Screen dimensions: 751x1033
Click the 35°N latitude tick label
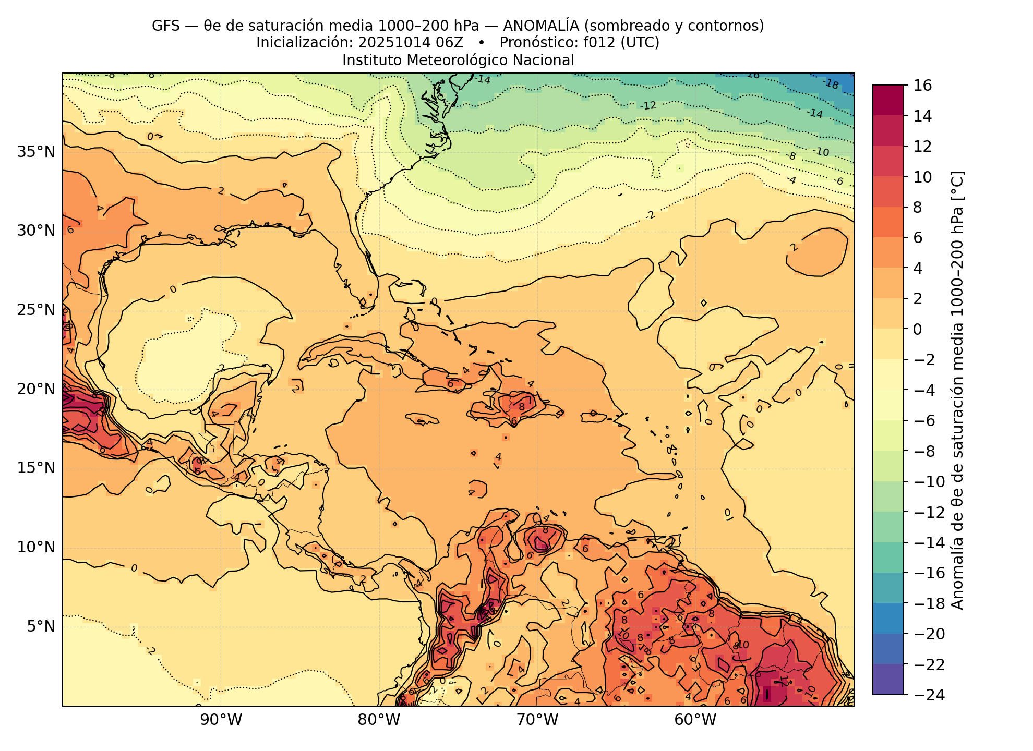36,152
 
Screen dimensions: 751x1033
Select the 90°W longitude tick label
221,720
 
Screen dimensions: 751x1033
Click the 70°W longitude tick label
537,720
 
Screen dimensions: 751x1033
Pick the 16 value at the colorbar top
923,86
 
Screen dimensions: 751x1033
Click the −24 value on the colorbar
926,695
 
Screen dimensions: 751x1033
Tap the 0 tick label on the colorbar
917,329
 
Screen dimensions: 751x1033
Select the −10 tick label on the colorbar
926,481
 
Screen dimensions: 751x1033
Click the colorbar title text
958,390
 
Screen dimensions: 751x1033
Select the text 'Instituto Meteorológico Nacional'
458,60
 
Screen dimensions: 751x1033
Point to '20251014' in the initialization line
389,43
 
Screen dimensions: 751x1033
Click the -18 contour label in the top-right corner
831,83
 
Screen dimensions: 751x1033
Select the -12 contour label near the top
648,106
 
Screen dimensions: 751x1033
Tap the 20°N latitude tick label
36,389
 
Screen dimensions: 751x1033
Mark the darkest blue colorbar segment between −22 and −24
888,679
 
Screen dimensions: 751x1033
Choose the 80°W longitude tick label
379,720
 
